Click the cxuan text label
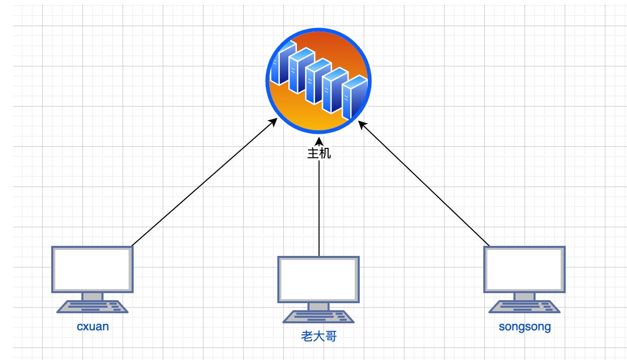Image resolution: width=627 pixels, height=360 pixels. pos(92,327)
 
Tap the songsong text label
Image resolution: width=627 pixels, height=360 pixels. pos(525,327)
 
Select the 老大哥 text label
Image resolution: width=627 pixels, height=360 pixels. pos(319,336)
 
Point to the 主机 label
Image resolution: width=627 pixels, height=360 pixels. pos(319,153)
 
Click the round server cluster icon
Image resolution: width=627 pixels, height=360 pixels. pos(319,80)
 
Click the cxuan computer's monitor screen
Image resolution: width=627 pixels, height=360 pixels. pos(92,269)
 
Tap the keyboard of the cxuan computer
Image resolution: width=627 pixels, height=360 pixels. pos(92,307)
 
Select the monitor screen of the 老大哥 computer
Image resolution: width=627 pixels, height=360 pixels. pos(319,280)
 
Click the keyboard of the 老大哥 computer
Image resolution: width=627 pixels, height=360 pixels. pos(319,317)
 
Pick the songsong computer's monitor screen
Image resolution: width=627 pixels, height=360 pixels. pos(525,269)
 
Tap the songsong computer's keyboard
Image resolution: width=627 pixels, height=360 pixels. pos(525,307)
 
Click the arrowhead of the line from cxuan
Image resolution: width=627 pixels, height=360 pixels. pos(273,122)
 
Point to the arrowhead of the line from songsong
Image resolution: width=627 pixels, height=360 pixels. pos(362,125)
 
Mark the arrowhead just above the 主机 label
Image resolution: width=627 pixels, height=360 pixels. pos(319,141)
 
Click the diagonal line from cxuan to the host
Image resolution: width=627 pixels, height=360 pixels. pos(204,182)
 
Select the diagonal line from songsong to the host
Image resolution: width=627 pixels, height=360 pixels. pos(424,184)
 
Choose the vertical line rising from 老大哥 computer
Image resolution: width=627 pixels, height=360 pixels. pos(319,208)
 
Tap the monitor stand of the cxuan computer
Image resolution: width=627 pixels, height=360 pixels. pos(92,297)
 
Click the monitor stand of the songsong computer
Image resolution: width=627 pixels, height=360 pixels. pos(525,297)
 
